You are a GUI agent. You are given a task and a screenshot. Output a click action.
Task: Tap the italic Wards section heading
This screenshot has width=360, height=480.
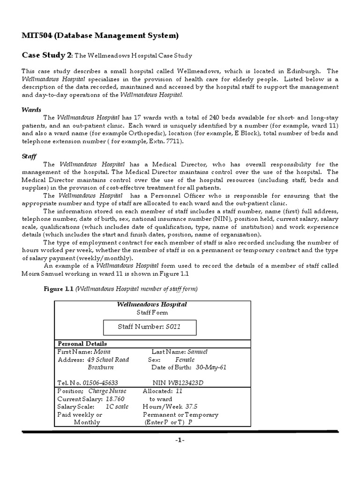[31, 109]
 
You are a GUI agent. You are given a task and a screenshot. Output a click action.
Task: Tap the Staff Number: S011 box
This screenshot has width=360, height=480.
[150, 327]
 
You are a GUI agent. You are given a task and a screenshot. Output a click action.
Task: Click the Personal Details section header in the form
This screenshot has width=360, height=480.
[82, 344]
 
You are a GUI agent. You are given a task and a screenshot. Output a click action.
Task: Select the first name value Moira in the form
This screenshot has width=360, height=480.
[103, 352]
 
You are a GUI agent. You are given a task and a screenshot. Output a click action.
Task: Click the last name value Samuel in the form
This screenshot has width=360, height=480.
[197, 352]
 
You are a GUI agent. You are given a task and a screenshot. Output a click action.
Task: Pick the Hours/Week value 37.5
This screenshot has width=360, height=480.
[191, 406]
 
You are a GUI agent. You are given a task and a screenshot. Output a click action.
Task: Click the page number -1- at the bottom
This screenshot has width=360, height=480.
[180, 441]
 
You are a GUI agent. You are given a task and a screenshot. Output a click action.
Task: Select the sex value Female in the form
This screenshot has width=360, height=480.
[185, 360]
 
